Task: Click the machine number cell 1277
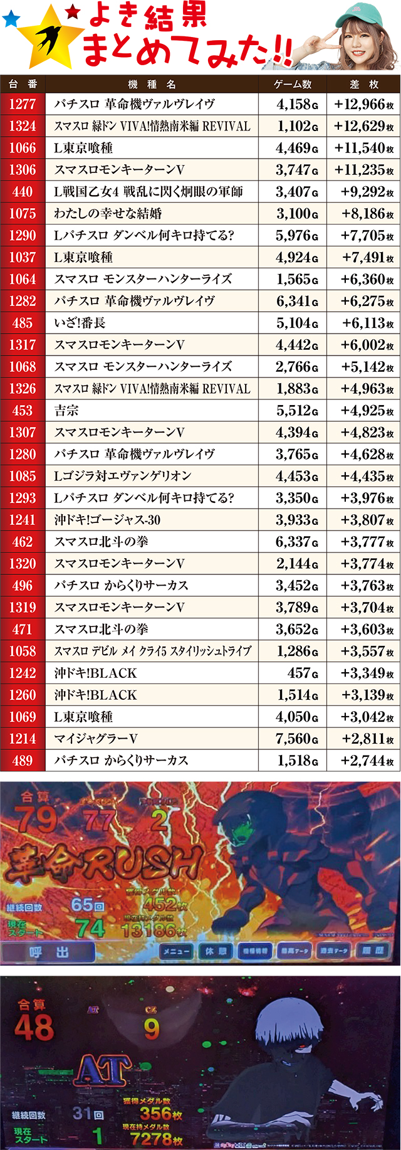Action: click(x=23, y=104)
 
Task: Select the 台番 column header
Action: click(x=23, y=84)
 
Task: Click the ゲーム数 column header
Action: click(x=292, y=84)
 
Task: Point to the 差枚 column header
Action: click(x=363, y=84)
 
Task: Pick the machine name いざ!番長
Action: click(x=80, y=323)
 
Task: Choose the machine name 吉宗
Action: click(x=66, y=411)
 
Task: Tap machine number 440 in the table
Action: click(x=23, y=192)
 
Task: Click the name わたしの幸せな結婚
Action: click(x=108, y=214)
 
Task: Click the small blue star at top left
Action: click(x=11, y=19)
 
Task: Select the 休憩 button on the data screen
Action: click(x=216, y=951)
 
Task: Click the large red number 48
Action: click(x=34, y=1028)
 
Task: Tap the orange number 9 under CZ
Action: click(x=152, y=1029)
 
